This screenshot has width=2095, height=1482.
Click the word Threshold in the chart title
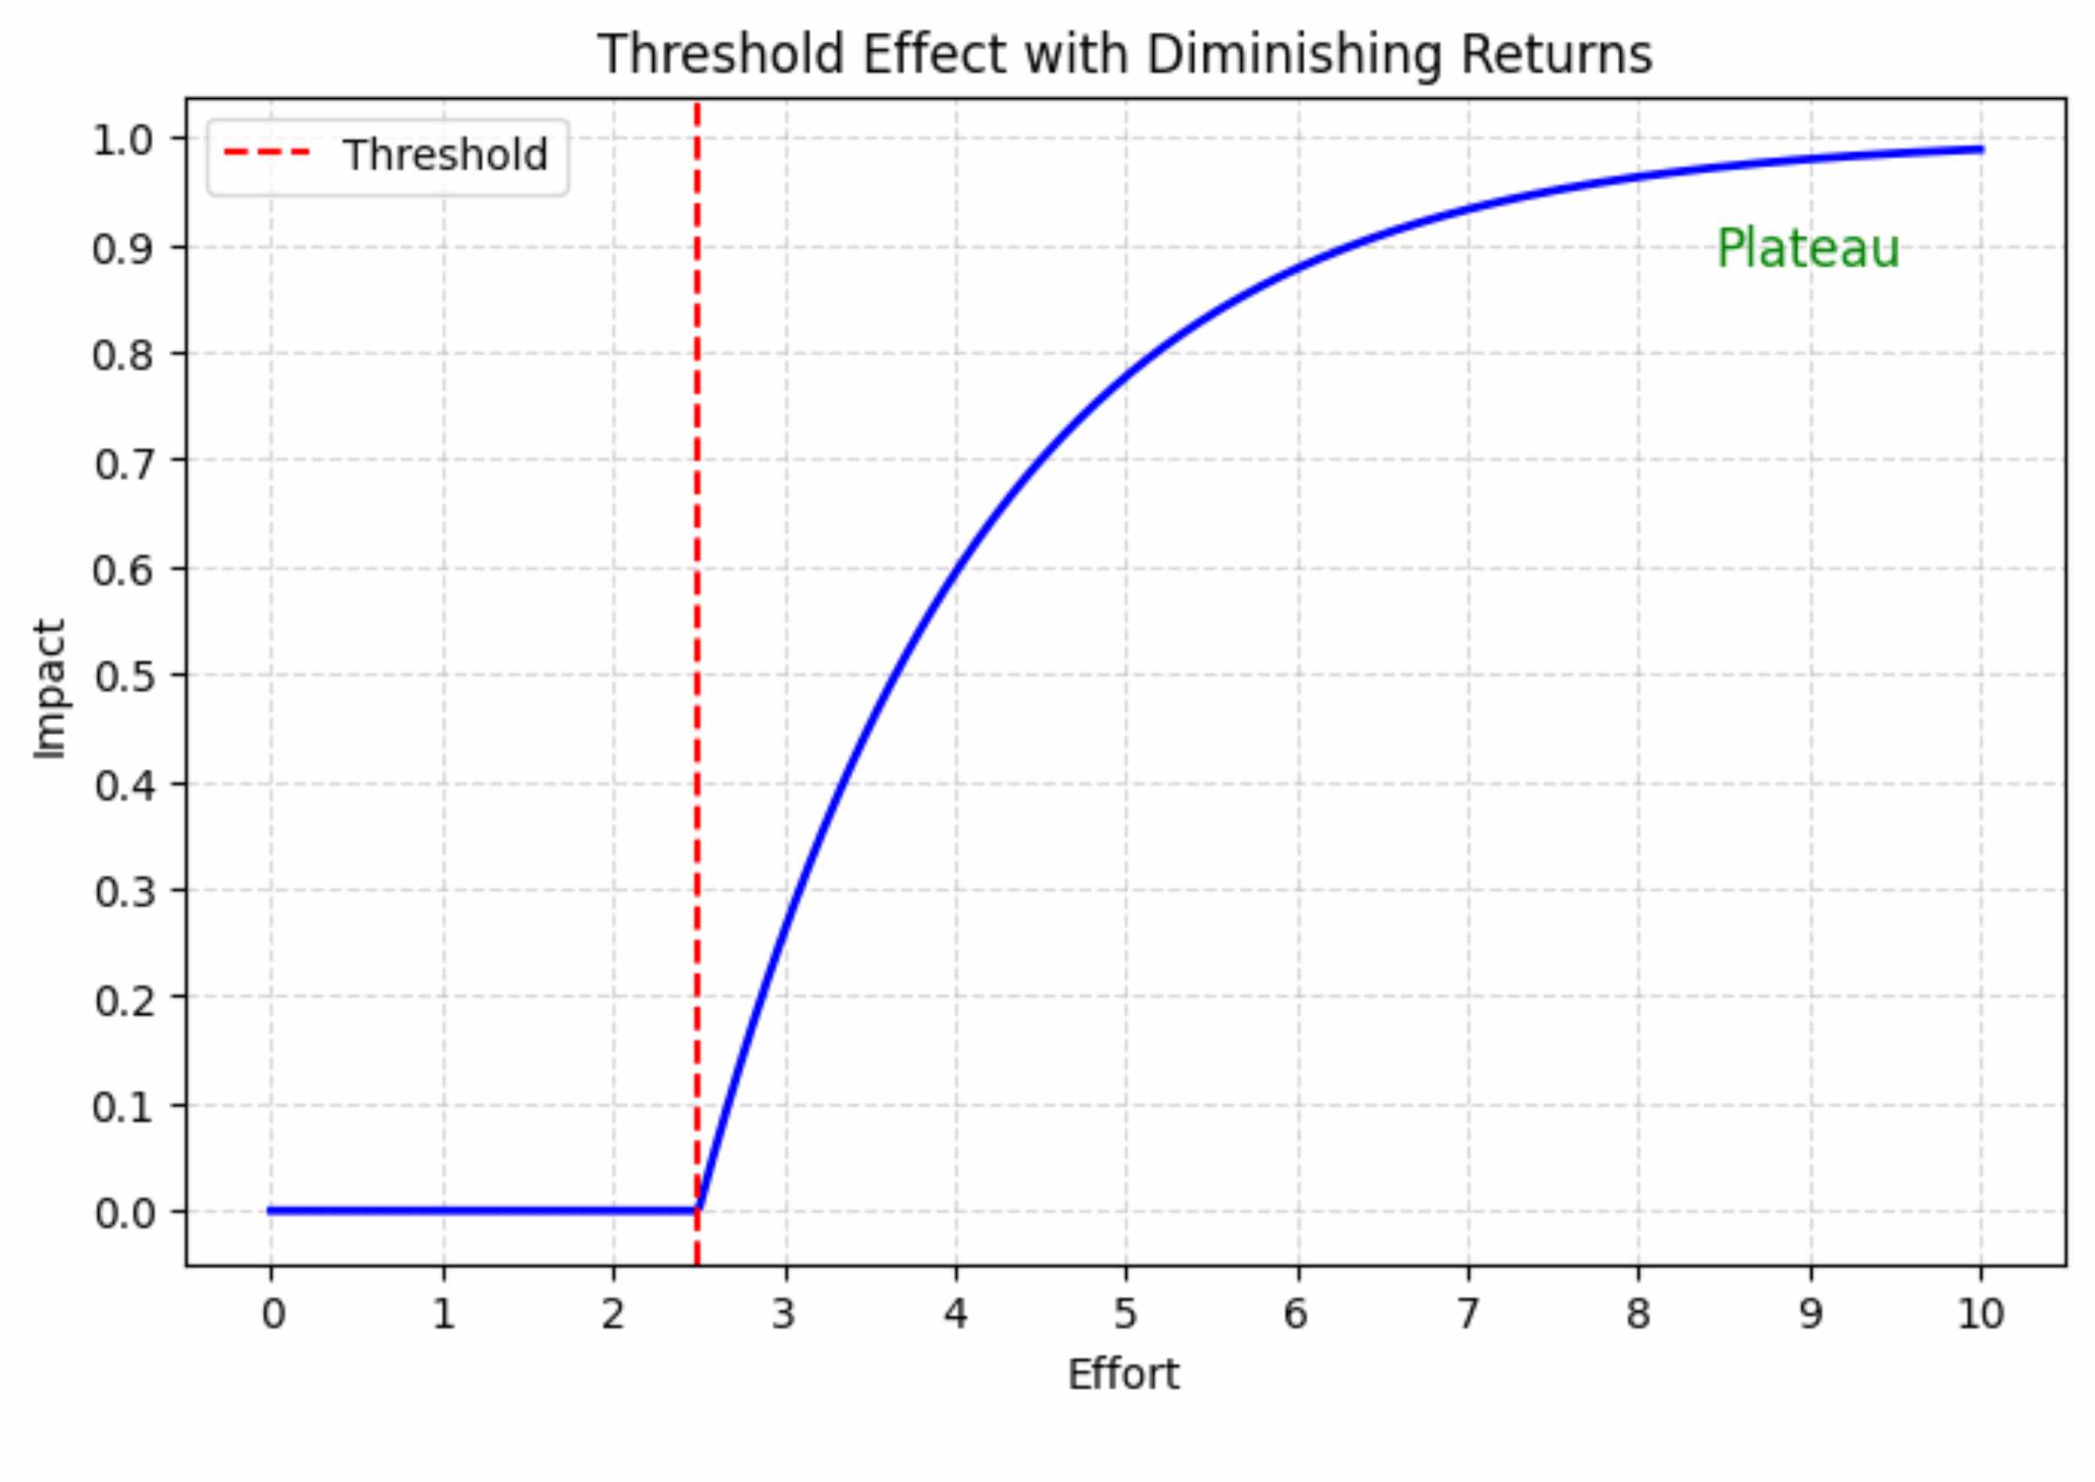click(x=720, y=55)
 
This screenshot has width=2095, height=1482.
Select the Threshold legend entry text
click(x=444, y=155)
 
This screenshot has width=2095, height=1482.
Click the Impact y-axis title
click(x=50, y=689)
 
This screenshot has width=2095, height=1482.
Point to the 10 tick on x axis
click(x=1980, y=1315)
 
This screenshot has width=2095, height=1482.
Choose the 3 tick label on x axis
click(x=784, y=1315)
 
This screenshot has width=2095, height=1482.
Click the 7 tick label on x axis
click(x=1467, y=1315)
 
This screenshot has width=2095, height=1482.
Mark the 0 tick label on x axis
click(x=272, y=1315)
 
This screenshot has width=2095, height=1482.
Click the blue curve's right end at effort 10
click(x=1980, y=150)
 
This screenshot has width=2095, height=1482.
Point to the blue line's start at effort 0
click(x=271, y=1211)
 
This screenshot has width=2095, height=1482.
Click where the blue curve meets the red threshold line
click(x=698, y=1209)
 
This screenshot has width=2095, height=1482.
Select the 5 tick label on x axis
click(x=1125, y=1315)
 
